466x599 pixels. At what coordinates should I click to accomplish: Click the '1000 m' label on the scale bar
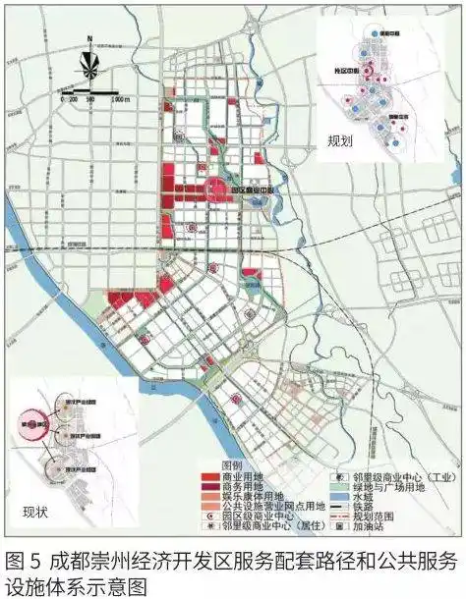tap(120, 100)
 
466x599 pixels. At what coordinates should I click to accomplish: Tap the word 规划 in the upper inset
tap(340, 140)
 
